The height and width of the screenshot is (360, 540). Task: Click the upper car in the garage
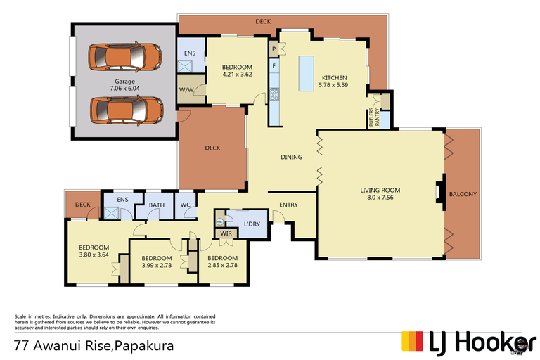coord(125,56)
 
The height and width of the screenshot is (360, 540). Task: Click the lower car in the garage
coord(127,110)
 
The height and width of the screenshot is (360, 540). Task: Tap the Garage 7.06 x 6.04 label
coord(125,85)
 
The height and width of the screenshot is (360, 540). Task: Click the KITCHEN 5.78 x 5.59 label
coord(335,82)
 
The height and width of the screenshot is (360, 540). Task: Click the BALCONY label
coord(463,195)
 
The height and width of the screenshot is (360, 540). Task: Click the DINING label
coord(291,157)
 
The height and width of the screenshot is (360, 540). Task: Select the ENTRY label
coord(288,205)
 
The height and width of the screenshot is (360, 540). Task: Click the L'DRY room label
coord(252,224)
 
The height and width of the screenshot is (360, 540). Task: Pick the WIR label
coord(226,233)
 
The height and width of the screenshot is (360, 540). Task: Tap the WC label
coord(186,205)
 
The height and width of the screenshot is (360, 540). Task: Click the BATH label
coord(156,205)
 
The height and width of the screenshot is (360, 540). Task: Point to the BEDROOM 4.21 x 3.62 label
coord(237,70)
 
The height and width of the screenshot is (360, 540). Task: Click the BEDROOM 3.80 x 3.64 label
coord(94,251)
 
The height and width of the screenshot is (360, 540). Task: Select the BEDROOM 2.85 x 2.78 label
coord(222,262)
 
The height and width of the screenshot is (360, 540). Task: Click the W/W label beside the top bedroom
coord(186,90)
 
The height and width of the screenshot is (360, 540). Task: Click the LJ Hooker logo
coord(463,342)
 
